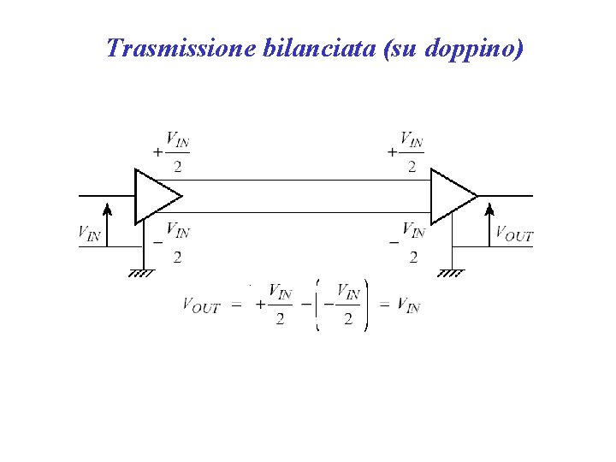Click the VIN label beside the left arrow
tap(89, 232)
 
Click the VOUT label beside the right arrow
tap(514, 234)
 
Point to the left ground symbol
tap(141, 273)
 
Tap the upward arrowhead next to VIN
tap(107, 210)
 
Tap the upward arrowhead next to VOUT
tap(490, 210)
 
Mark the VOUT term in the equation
tap(201, 305)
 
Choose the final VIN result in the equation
tap(410, 305)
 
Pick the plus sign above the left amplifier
tap(157, 151)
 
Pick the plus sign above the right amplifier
tap(392, 151)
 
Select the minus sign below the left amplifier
tap(157, 242)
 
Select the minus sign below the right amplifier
tap(393, 242)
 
